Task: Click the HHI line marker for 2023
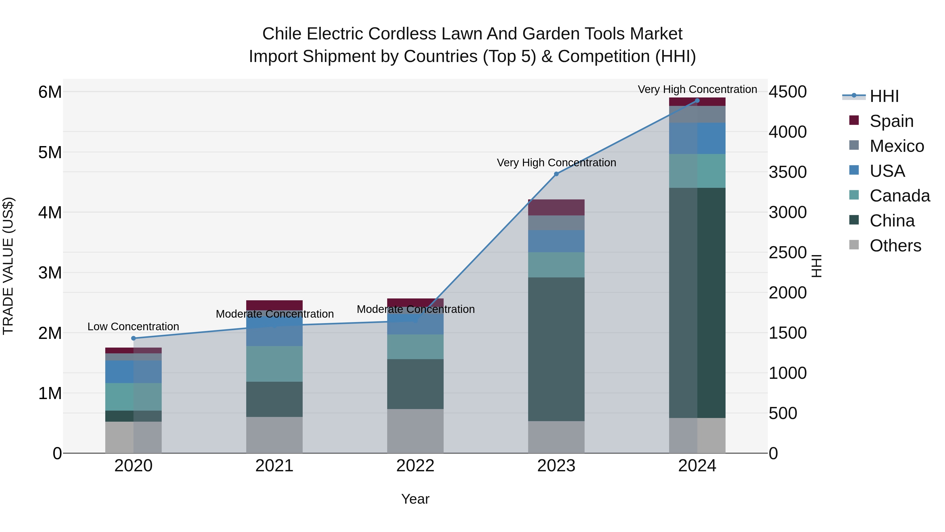[x=556, y=174]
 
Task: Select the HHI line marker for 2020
[x=134, y=338]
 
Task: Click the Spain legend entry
[x=891, y=121]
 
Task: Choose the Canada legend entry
[x=900, y=196]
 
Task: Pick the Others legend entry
[x=895, y=246]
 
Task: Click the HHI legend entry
[x=884, y=96]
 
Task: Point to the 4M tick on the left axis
[x=50, y=213]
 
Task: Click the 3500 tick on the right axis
[x=787, y=172]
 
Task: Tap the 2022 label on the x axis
[x=415, y=466]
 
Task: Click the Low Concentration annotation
[x=133, y=326]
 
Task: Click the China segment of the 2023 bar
[x=556, y=349]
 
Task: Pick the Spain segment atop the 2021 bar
[x=274, y=305]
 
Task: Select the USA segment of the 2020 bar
[x=134, y=371]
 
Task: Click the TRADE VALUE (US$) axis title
[x=8, y=266]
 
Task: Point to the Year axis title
[x=415, y=499]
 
